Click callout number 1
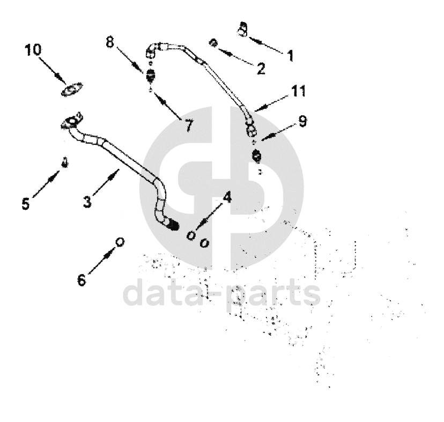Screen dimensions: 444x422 coord(290,56)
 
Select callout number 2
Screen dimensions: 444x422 coord(261,69)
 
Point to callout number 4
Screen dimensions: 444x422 coord(227,197)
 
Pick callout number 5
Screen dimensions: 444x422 coord(26,204)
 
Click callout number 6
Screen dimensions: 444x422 coord(81,279)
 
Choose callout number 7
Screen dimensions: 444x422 coord(188,126)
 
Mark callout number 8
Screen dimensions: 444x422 coord(110,42)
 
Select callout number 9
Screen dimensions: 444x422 coord(303,122)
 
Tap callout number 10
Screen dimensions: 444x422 coord(32,50)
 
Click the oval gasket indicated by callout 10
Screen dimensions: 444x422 coord(72,90)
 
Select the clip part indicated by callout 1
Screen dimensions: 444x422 coord(242,30)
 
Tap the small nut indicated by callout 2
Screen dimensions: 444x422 coord(213,43)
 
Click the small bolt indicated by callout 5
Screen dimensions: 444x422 coord(64,161)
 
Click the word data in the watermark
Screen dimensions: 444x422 coord(161,293)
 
